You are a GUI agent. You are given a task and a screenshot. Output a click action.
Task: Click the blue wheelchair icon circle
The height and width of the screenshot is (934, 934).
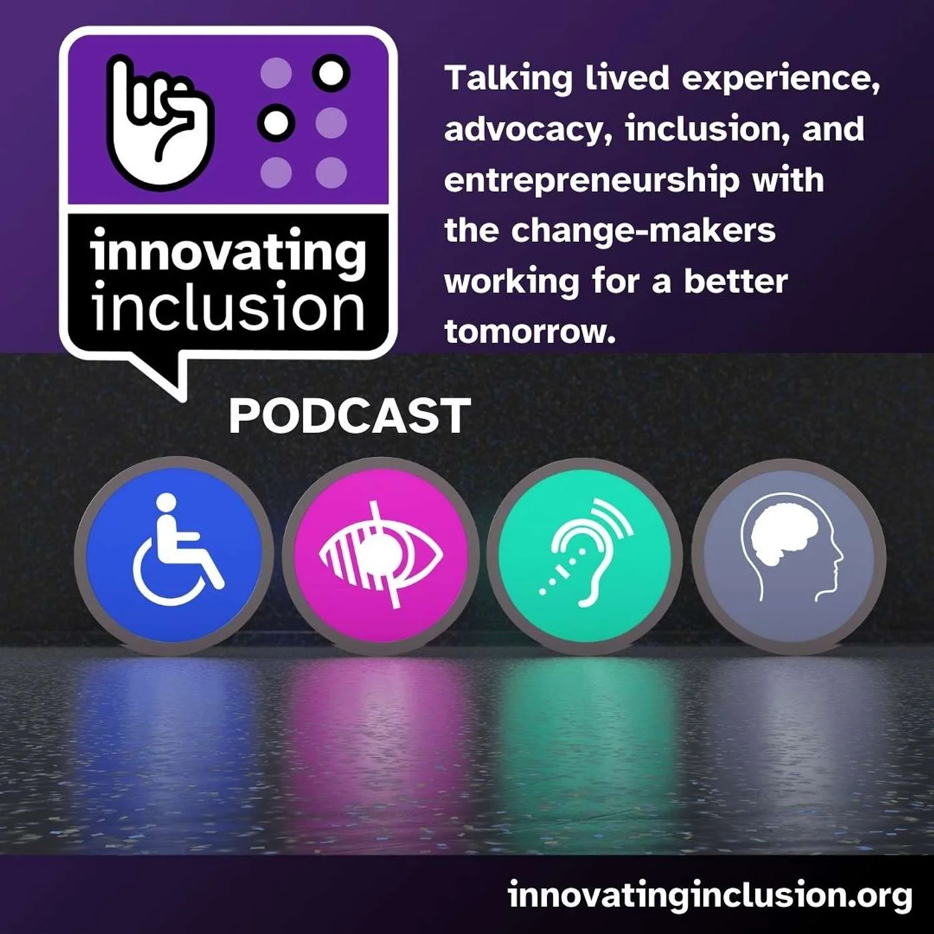click(x=174, y=556)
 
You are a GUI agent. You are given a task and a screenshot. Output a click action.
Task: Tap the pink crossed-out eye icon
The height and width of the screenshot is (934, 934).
click(x=381, y=556)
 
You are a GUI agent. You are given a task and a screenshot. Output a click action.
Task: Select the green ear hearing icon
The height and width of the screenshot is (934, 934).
click(x=585, y=556)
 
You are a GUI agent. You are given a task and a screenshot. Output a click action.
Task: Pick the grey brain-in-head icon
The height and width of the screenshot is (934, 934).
click(x=789, y=556)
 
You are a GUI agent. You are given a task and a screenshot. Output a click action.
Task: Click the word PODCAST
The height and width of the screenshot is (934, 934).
click(x=350, y=416)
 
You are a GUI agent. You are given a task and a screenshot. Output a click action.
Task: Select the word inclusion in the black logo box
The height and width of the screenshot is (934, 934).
click(x=227, y=306)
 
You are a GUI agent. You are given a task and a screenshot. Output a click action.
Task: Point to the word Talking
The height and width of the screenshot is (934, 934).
click(x=508, y=79)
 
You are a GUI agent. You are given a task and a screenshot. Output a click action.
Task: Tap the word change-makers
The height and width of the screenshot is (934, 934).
click(x=644, y=231)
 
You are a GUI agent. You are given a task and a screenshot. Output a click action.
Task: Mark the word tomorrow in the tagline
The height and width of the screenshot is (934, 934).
click(x=530, y=332)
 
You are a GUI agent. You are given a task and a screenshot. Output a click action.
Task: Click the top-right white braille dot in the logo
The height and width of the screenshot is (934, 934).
click(x=331, y=73)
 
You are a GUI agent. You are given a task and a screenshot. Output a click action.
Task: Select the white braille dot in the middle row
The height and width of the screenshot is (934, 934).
click(x=276, y=123)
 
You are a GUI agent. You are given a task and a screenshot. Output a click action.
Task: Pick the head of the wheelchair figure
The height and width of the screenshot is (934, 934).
click(x=167, y=502)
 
